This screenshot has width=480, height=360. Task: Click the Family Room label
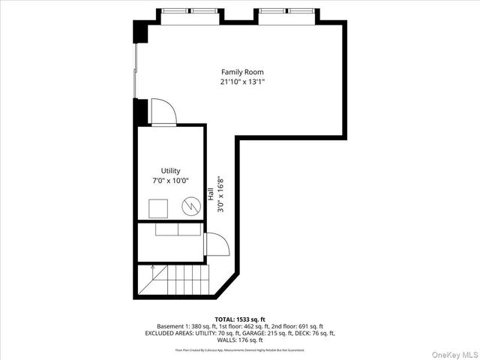click(x=242, y=72)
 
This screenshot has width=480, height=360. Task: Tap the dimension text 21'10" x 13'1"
click(x=242, y=82)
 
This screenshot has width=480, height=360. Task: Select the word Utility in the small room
click(x=170, y=171)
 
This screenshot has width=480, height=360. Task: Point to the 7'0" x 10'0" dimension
click(x=170, y=180)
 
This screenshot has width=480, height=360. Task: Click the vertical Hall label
click(x=212, y=193)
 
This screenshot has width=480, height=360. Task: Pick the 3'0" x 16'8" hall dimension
click(x=220, y=196)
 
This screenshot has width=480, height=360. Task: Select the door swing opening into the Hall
click(x=213, y=245)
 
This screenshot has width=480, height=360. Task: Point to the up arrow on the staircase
click(x=152, y=268)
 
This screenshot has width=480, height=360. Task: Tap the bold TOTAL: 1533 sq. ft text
click(x=240, y=319)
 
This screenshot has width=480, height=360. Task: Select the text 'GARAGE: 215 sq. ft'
click(x=250, y=333)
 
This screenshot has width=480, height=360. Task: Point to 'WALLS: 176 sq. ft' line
click(x=240, y=340)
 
